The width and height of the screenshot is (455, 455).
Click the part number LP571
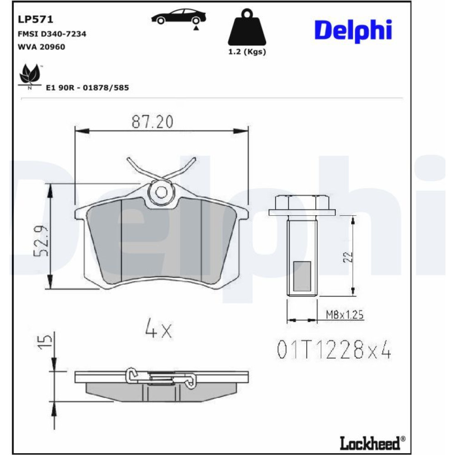click(x=35, y=19)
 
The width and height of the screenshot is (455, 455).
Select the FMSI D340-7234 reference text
click(x=52, y=34)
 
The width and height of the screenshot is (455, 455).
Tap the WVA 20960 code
click(x=41, y=47)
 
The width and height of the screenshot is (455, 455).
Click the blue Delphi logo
click(x=353, y=31)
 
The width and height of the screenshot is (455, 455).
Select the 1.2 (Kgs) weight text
click(x=247, y=52)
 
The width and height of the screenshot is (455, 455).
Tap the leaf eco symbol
click(x=30, y=76)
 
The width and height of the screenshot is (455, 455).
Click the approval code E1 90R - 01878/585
click(x=87, y=88)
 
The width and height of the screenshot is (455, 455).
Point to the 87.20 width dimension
click(x=152, y=121)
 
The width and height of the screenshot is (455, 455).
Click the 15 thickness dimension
click(x=45, y=343)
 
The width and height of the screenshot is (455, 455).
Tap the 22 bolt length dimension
click(x=348, y=257)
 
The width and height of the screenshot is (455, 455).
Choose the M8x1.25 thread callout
click(x=345, y=314)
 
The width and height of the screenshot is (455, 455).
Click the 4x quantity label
click(x=158, y=328)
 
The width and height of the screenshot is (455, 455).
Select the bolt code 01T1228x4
click(x=334, y=349)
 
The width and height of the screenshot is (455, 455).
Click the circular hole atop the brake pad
click(x=161, y=192)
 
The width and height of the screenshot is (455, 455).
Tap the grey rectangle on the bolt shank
click(x=302, y=276)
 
